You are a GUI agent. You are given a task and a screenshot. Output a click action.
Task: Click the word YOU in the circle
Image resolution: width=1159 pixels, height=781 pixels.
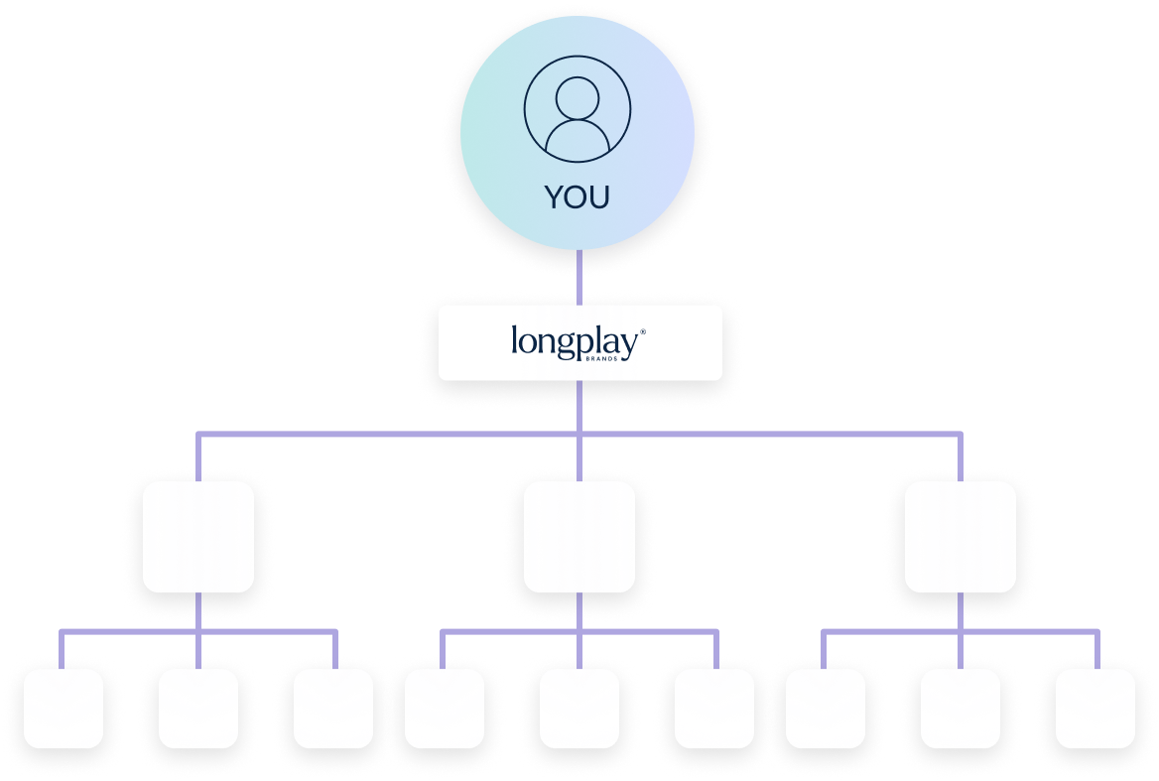tap(578, 197)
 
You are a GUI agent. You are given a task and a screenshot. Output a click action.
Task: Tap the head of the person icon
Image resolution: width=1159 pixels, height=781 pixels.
tap(578, 98)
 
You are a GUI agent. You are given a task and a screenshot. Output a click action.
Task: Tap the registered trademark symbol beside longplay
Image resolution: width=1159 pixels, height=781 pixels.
tap(643, 331)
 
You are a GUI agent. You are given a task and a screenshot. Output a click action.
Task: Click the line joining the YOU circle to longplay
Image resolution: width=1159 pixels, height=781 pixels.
tap(579, 277)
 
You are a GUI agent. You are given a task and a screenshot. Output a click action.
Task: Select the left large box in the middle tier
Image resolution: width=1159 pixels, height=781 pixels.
tap(198, 537)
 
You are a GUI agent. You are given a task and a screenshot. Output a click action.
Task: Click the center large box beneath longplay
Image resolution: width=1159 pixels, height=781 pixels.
tap(579, 537)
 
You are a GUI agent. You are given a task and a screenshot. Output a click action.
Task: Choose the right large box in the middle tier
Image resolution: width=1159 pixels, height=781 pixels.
tap(961, 537)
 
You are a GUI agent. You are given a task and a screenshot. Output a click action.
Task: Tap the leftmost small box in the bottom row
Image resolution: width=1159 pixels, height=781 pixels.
tap(64, 708)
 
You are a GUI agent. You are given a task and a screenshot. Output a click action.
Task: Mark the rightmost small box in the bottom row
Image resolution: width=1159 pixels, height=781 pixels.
tap(1095, 708)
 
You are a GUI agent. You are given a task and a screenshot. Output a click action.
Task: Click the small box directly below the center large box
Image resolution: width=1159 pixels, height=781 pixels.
tap(579, 708)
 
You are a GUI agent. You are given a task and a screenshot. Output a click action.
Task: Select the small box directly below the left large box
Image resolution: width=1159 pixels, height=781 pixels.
tap(198, 708)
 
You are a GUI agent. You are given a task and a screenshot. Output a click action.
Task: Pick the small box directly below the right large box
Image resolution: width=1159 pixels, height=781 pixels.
tap(961, 708)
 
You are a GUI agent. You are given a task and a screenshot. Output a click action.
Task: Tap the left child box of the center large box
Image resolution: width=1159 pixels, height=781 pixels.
tap(445, 708)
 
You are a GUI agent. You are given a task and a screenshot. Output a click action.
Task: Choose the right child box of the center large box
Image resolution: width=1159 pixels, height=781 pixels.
tap(714, 708)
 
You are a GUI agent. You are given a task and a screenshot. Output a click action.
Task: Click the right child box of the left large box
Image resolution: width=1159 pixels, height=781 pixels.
tap(333, 708)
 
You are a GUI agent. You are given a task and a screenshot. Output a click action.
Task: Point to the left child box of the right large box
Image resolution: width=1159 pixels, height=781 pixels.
tap(826, 708)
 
